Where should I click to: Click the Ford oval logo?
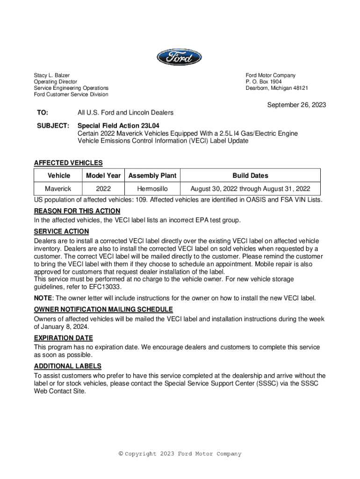pos(179,58)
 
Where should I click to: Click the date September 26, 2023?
pos(296,105)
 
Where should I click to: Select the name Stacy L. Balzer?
pos(51,75)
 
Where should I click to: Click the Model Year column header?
pos(103,175)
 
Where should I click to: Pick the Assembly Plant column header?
pos(152,175)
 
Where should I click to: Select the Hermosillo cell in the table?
pos(152,189)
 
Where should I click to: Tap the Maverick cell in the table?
pos(58,189)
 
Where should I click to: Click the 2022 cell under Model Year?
pos(103,189)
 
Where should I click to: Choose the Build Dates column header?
pos(251,175)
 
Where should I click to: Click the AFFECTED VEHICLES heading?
pos(68,163)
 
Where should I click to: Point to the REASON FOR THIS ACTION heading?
pos(77,211)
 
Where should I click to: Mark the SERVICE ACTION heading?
pos(61,232)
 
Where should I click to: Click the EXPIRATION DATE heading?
pos(64,338)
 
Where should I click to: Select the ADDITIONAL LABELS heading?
pos(68,366)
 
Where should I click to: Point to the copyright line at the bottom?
pos(180,454)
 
